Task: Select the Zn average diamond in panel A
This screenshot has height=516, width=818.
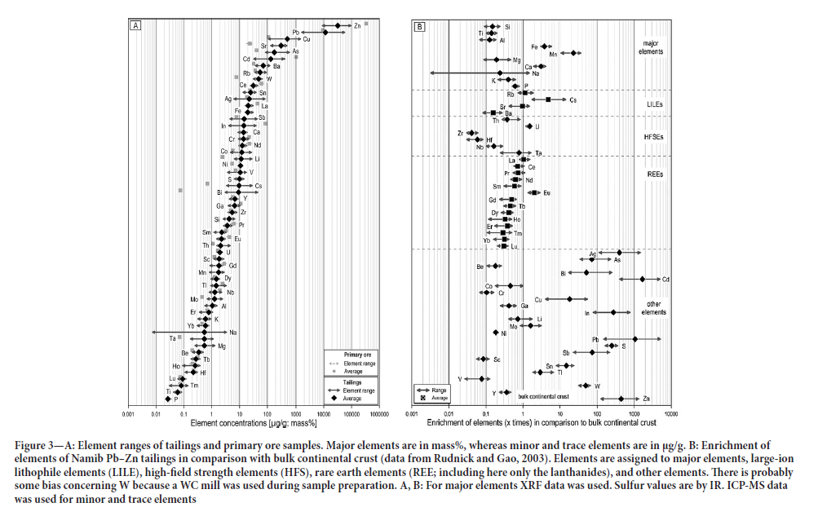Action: [x=338, y=26]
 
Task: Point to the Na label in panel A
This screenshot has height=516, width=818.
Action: [x=233, y=332]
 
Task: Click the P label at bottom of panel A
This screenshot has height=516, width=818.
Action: [x=175, y=400]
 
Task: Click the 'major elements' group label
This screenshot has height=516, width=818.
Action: [x=650, y=46]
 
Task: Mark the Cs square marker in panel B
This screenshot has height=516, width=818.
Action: [x=548, y=99]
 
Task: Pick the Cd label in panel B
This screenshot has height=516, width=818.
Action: [x=665, y=280]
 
